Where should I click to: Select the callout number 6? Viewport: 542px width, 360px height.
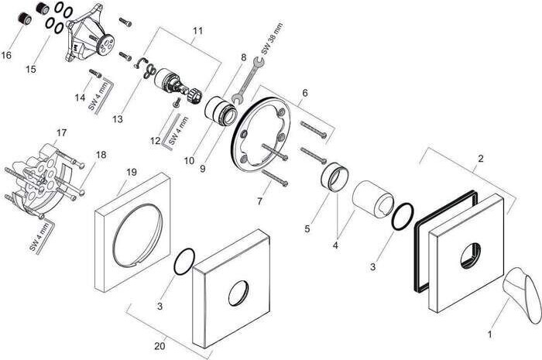[305, 92]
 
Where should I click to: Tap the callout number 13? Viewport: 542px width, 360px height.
[118, 118]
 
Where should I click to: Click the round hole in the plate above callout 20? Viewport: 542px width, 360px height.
[235, 294]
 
